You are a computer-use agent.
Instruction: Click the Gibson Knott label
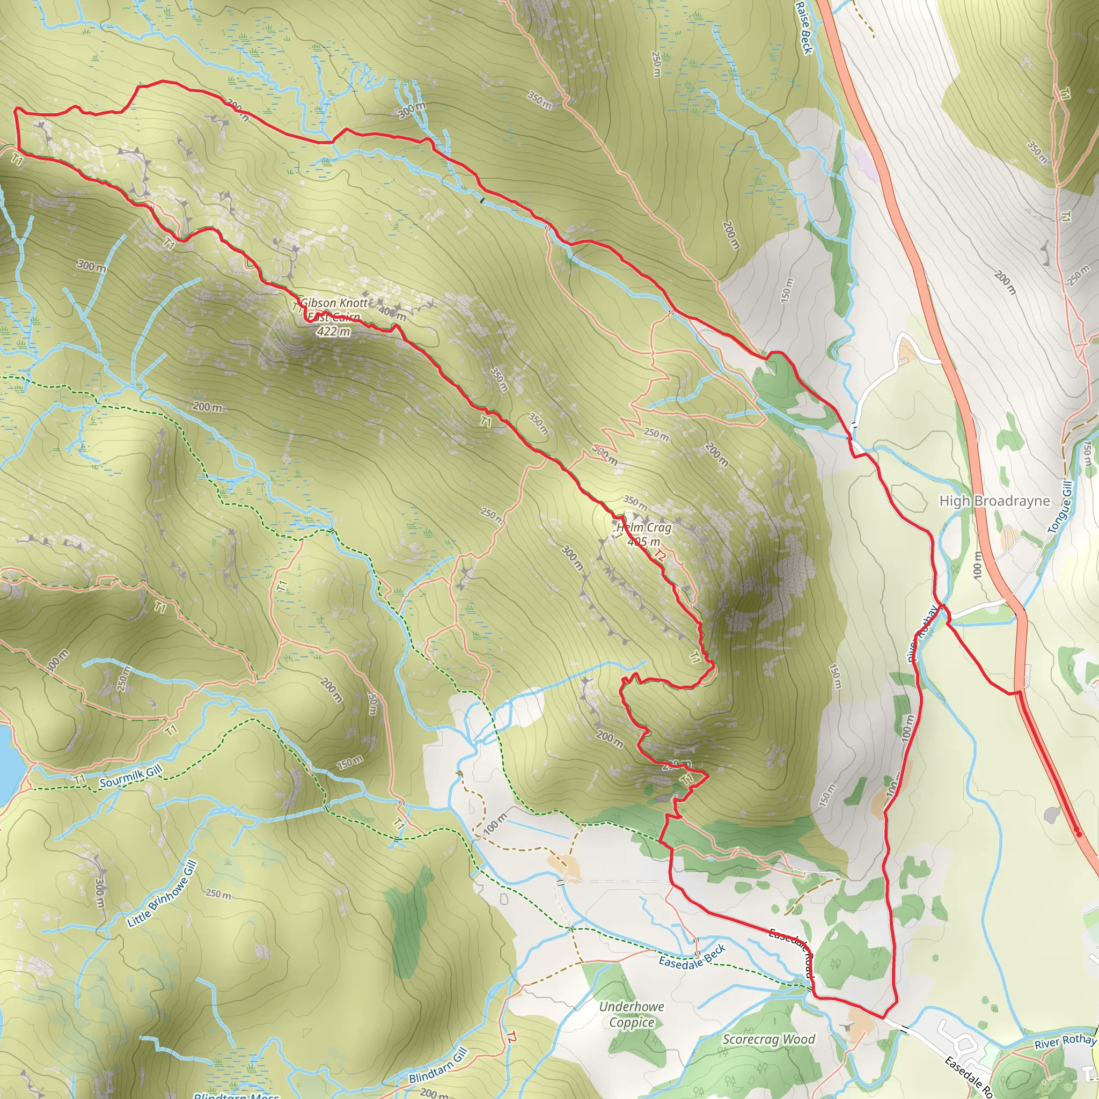pyautogui.click(x=334, y=303)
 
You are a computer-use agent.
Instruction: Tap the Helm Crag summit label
pyautogui.click(x=644, y=527)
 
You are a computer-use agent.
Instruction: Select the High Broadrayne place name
pyautogui.click(x=994, y=501)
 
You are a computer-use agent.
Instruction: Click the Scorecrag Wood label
pyautogui.click(x=768, y=1039)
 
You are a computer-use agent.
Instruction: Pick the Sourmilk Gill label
pyautogui.click(x=131, y=777)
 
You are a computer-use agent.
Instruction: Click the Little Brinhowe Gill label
pyautogui.click(x=162, y=894)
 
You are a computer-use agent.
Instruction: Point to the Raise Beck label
pyautogui.click(x=803, y=27)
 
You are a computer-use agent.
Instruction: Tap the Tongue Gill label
pyautogui.click(x=1060, y=508)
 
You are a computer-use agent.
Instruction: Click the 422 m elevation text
pyautogui.click(x=333, y=331)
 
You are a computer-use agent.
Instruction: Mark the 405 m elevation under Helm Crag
pyautogui.click(x=644, y=541)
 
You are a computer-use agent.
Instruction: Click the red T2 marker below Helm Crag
pyautogui.click(x=659, y=555)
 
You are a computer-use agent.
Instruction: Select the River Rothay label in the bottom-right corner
pyautogui.click(x=1064, y=1042)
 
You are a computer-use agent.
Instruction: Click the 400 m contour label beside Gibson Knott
pyautogui.click(x=392, y=312)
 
